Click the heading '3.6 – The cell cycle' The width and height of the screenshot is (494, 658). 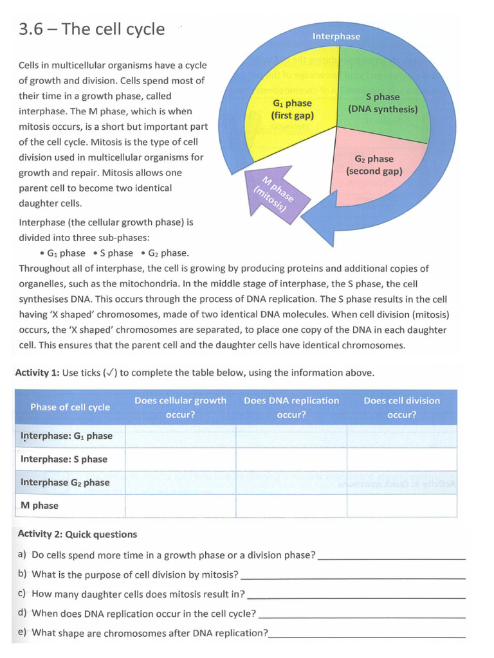91,30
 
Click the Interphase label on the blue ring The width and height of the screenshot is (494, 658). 336,37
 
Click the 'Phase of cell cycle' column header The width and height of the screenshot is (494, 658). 70,407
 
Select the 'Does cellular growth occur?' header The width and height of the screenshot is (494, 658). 180,407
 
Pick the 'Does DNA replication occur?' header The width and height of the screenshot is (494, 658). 291,407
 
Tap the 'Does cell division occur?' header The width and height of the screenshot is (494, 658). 402,407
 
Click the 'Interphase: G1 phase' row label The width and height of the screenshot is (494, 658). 66,436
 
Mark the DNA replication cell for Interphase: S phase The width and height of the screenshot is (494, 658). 291,459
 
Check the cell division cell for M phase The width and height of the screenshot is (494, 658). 402,506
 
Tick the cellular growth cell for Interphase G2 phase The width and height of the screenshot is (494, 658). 180,483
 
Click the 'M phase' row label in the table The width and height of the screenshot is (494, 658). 39,506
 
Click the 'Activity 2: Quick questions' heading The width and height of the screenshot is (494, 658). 77,535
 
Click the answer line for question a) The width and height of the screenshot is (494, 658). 392,558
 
